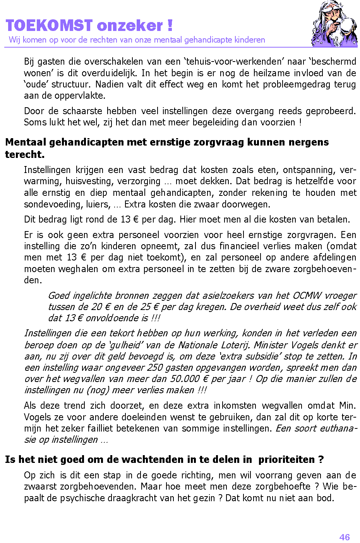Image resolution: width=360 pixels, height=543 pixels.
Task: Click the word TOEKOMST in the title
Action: [x=49, y=26]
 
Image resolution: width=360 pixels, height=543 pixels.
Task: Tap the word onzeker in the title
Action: [x=130, y=26]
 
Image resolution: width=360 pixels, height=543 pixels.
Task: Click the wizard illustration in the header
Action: [x=334, y=24]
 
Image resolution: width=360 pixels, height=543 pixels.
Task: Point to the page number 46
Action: [x=344, y=537]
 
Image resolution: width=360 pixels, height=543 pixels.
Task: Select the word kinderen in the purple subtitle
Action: [x=250, y=39]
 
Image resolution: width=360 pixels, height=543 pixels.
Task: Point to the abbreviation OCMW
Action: [x=307, y=295]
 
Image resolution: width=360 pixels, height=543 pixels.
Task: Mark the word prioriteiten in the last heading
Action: [x=286, y=459]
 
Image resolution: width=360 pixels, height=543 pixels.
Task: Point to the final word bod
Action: [x=324, y=498]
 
